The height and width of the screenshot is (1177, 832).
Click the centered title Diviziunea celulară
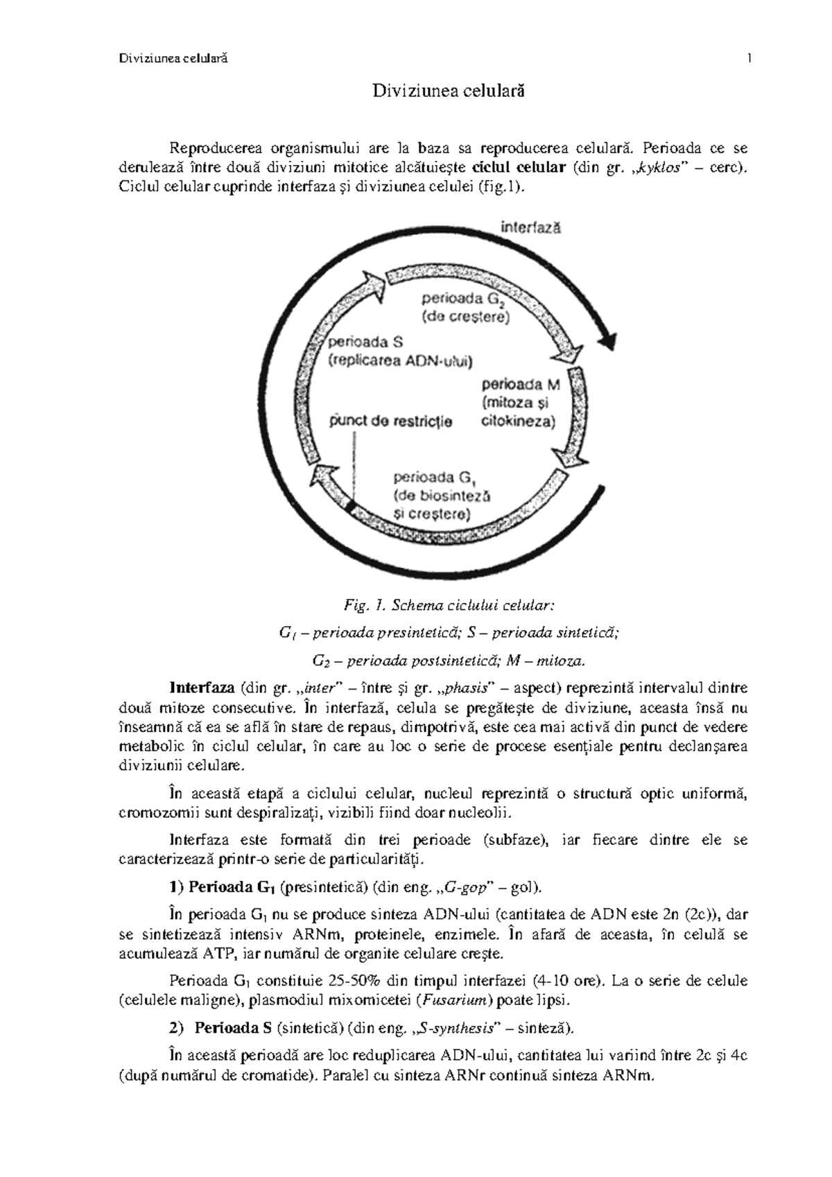click(x=448, y=91)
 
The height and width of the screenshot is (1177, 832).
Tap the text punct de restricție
click(x=390, y=421)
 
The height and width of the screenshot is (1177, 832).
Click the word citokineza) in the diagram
click(x=518, y=421)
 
